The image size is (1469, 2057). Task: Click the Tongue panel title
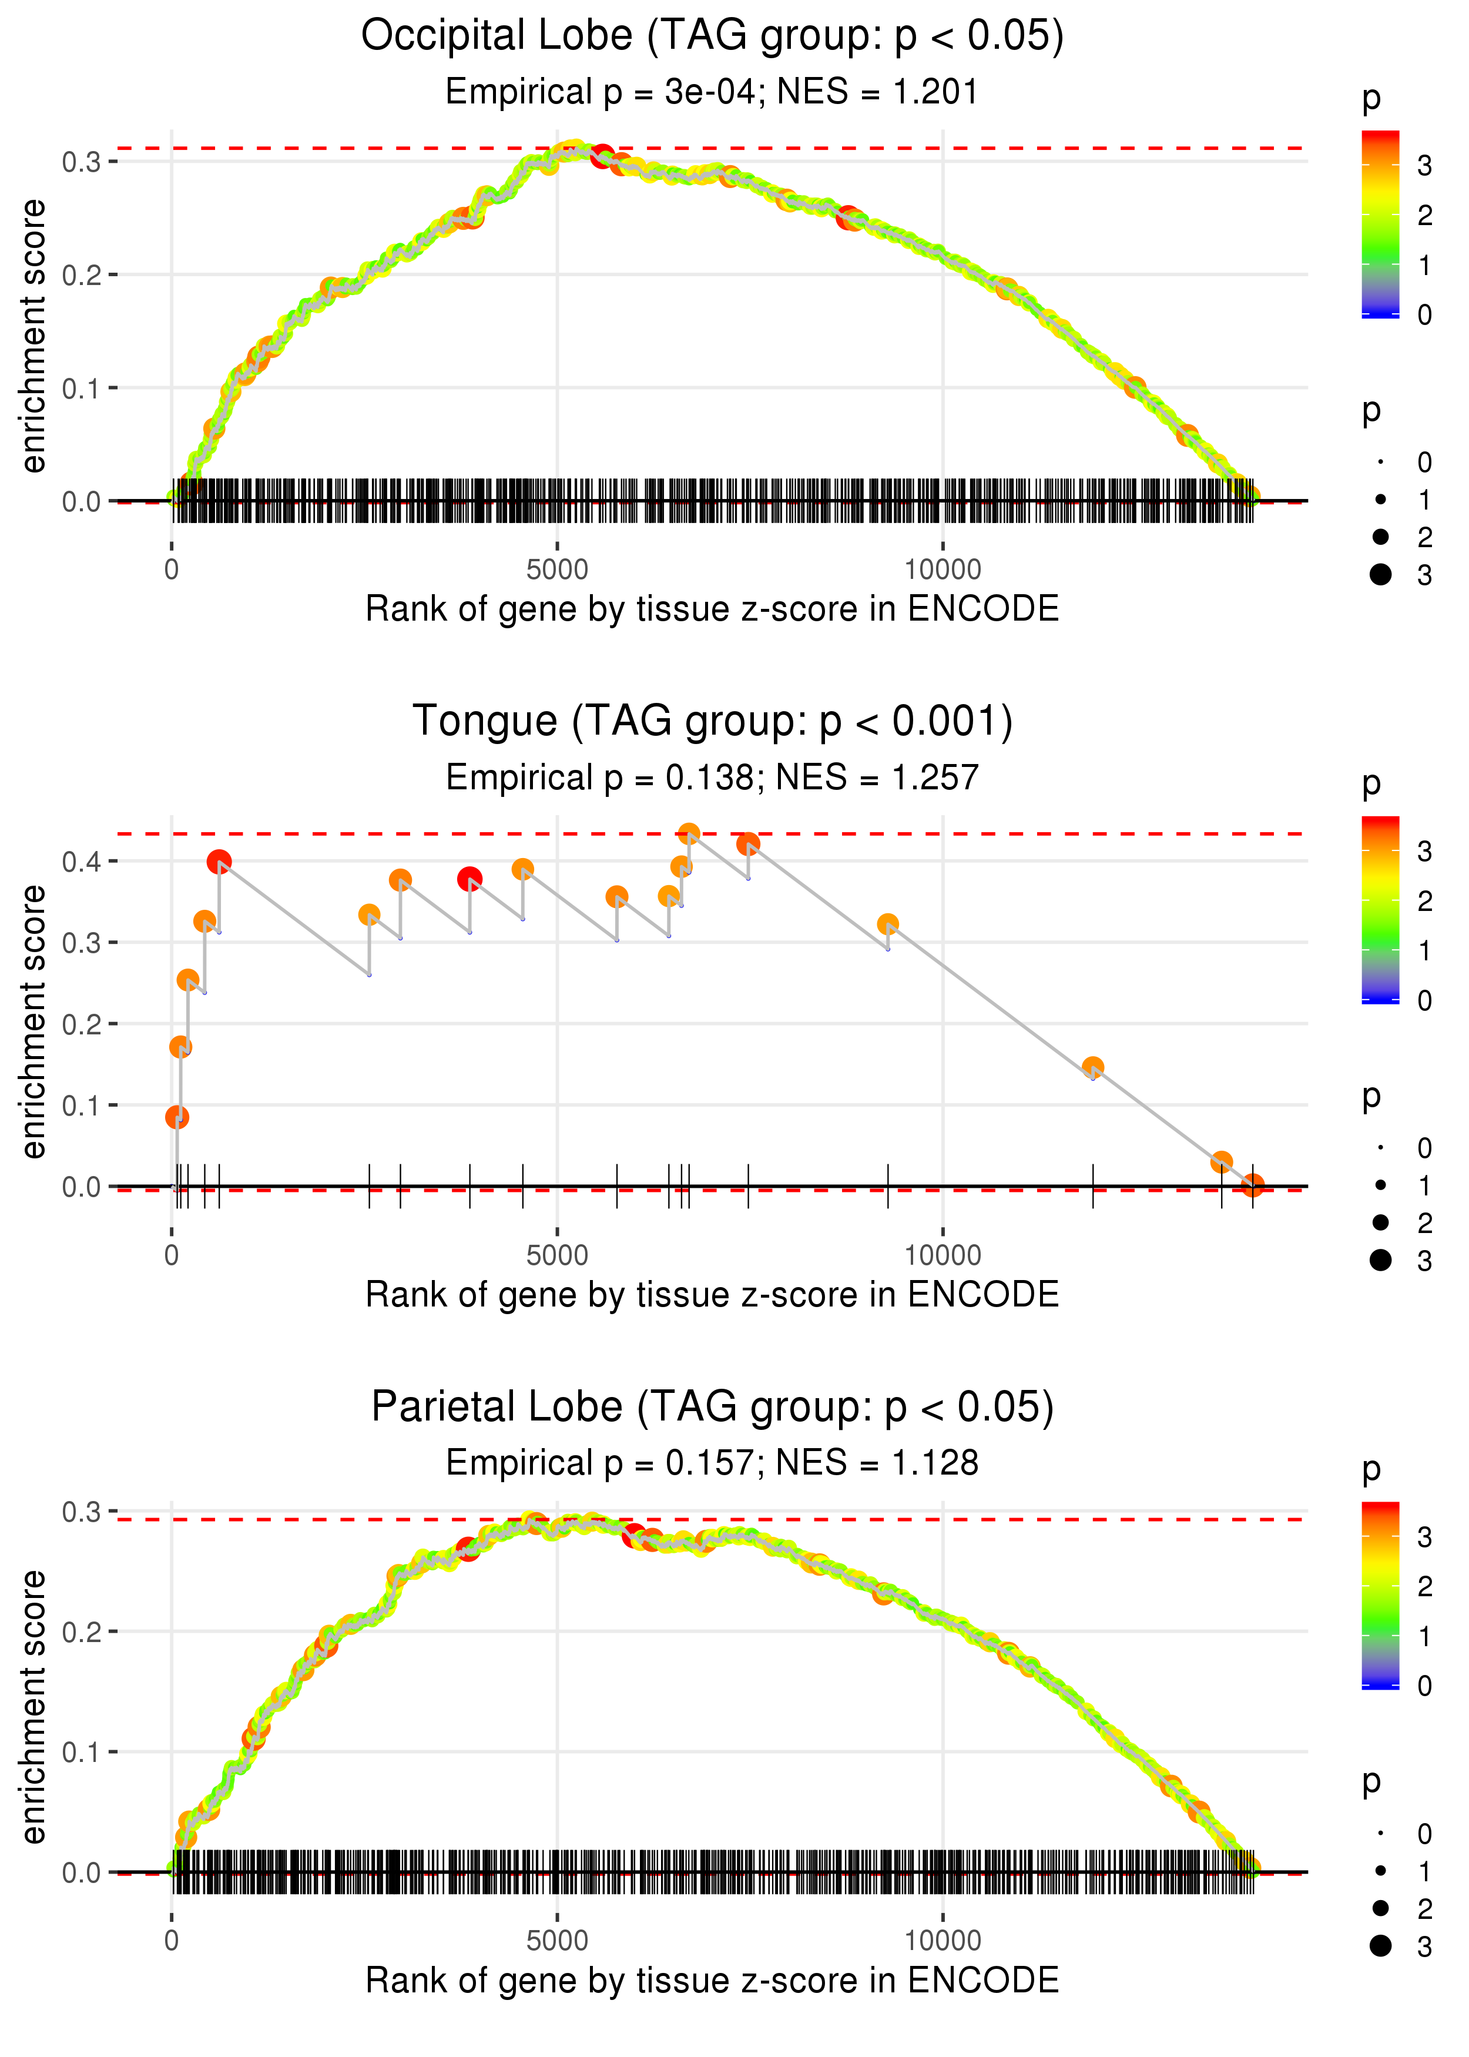(712, 722)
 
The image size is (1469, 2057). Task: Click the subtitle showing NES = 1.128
(712, 1463)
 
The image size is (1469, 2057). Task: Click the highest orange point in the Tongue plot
(688, 833)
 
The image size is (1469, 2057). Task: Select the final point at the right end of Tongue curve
(1252, 1185)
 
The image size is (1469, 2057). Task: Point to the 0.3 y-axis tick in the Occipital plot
(81, 163)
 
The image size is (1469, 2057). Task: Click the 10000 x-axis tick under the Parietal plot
(943, 1939)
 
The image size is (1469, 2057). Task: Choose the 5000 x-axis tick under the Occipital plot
(557, 570)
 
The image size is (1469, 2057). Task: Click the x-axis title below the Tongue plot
(712, 1295)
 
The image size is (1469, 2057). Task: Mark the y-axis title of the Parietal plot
(33, 1706)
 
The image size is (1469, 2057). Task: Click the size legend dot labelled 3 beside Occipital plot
(1380, 574)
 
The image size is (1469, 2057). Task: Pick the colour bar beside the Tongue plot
(1380, 909)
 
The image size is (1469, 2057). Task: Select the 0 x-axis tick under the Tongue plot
(172, 1255)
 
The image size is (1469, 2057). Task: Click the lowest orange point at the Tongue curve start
(177, 1117)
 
